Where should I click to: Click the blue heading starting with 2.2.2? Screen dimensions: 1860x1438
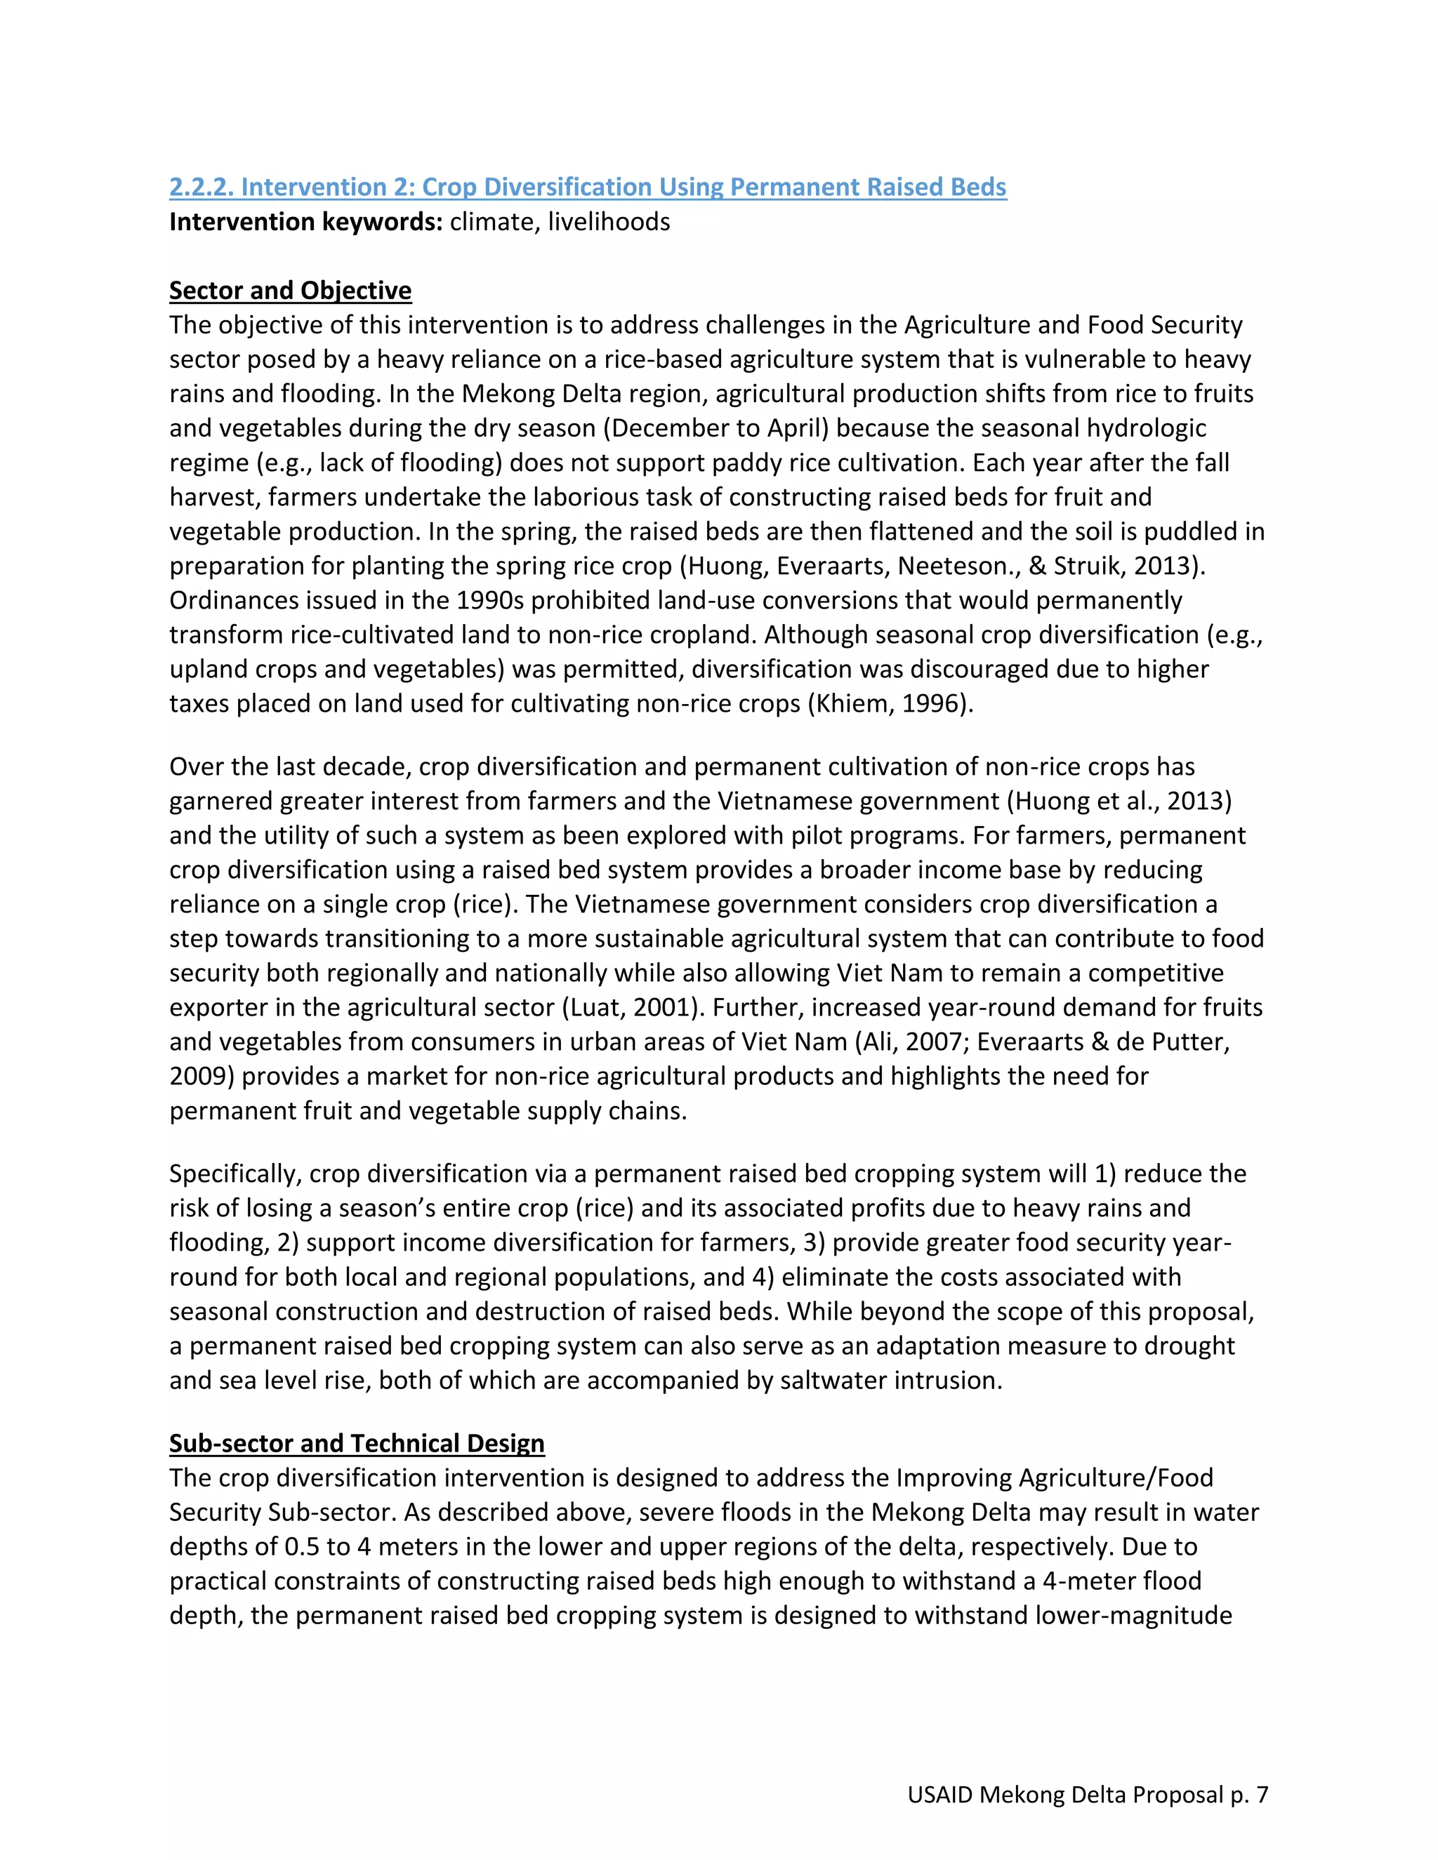coord(587,187)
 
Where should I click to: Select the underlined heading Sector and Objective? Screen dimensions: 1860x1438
coord(290,291)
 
